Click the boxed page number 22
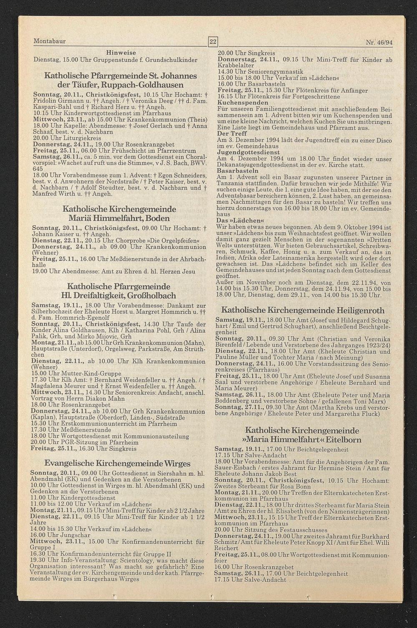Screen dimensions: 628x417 click(x=213, y=42)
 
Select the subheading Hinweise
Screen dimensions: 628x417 click(x=121, y=53)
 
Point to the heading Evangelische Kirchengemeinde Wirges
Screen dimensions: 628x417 click(x=117, y=463)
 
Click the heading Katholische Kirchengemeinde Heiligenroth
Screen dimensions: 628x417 click(x=303, y=310)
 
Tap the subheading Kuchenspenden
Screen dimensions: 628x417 click(x=237, y=102)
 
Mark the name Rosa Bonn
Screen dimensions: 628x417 click(x=296, y=486)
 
